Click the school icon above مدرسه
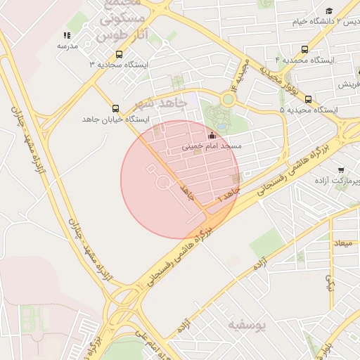(67, 34)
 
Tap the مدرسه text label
(67, 46)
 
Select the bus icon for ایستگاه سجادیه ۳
(119, 53)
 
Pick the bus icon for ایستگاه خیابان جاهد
(115, 108)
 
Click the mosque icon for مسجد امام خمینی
(212, 135)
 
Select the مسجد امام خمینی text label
(212, 146)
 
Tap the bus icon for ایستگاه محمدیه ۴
(304, 49)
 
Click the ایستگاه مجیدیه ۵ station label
(309, 110)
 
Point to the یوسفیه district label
(248, 325)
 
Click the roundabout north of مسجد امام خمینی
(228, 99)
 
